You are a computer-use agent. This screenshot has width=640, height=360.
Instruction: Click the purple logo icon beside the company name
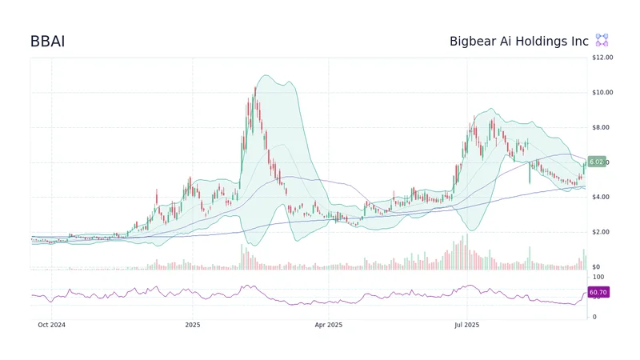pos(602,41)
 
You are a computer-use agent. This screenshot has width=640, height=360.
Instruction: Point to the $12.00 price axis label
pos(602,58)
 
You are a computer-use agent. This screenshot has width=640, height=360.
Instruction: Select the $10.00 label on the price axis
pos(602,93)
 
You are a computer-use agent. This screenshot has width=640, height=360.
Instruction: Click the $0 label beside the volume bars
pos(596,266)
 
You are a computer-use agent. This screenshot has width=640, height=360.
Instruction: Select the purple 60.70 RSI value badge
pos(598,293)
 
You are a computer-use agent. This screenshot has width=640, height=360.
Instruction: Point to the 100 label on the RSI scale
pos(598,276)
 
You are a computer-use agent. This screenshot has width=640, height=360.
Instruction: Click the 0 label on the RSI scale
pos(594,317)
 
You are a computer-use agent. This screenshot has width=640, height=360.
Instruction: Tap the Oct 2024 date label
pos(51,325)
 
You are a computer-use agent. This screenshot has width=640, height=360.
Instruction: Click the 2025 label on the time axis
pos(192,325)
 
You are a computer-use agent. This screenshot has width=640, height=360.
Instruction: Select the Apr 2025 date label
pos(329,325)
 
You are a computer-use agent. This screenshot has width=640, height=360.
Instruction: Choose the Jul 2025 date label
pos(466,325)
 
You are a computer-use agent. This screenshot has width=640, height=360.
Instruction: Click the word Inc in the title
pos(580,41)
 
